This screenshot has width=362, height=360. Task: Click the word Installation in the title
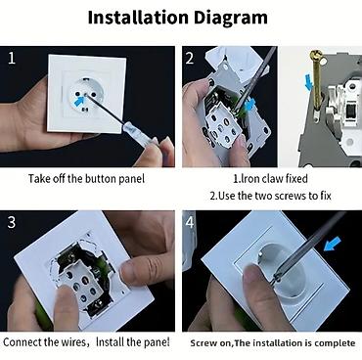click(x=138, y=18)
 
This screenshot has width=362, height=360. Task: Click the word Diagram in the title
click(x=231, y=19)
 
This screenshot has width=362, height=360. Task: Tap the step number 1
click(x=12, y=59)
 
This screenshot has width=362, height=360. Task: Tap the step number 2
click(x=190, y=59)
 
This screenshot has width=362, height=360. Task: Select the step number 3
click(x=12, y=222)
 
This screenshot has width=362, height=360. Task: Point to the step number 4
click(x=190, y=222)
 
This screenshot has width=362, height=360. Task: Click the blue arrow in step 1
click(x=79, y=101)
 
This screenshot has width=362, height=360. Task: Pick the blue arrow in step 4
click(x=333, y=244)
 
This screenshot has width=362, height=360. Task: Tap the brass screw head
click(x=316, y=54)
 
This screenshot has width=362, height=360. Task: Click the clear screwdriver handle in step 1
click(x=138, y=134)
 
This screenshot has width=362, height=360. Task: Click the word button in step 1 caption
click(x=101, y=179)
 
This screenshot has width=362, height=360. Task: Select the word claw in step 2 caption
click(x=273, y=178)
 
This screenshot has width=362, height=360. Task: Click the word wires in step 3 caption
click(x=73, y=342)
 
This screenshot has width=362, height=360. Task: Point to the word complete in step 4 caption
click(x=335, y=343)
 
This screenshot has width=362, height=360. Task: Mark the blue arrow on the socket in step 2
click(x=249, y=105)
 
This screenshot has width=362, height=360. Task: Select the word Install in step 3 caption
click(x=111, y=342)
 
